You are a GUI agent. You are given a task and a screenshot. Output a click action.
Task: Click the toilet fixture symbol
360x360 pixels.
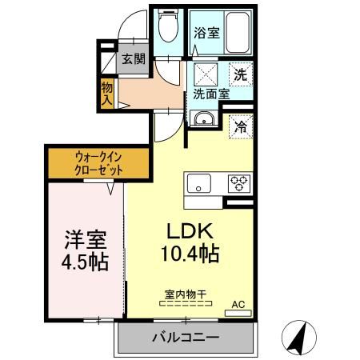tap(166, 30)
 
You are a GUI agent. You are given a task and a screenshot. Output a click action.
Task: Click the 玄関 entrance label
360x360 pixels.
tap(133, 59)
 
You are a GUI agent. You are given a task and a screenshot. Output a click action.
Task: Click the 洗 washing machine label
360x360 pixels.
tap(239, 75)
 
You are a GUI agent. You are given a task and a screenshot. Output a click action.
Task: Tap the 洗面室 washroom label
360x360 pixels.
tap(211, 94)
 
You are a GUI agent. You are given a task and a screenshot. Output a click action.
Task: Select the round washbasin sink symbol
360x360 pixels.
tap(203, 122)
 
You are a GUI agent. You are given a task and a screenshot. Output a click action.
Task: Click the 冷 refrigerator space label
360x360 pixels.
tap(239, 125)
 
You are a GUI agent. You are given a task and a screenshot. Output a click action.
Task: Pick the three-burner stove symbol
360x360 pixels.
tap(240, 182)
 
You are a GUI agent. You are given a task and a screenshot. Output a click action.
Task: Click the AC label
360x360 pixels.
tap(238, 304)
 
